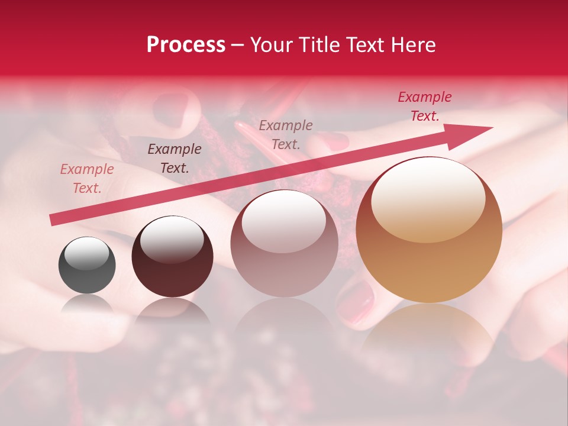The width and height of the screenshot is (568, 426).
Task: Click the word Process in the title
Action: pos(186,45)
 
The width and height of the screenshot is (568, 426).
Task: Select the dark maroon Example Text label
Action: pos(175,159)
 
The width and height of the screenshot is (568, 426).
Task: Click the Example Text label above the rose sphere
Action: pos(286,134)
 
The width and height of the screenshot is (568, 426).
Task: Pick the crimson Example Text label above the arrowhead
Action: pos(424,106)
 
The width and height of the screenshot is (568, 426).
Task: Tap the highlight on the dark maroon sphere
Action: pos(172,240)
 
